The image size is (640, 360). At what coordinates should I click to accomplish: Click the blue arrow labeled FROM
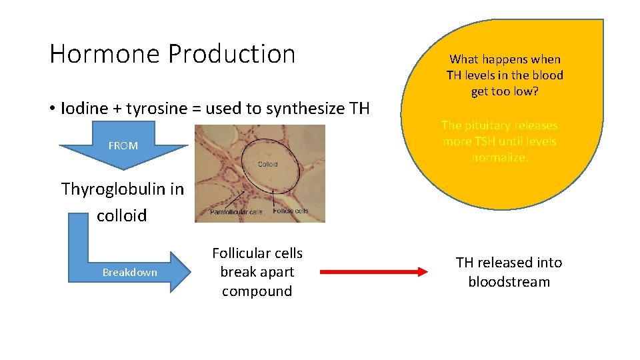coord(123,145)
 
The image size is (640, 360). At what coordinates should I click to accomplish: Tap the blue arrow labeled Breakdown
coord(131,272)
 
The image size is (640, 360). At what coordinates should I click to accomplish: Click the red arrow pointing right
coord(373,272)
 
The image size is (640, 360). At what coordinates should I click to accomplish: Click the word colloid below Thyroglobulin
coord(121,216)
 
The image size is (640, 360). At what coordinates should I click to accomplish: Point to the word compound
coord(257,291)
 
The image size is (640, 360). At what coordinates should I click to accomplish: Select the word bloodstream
coord(509,282)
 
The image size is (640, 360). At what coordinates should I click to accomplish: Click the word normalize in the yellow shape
coord(499,158)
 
